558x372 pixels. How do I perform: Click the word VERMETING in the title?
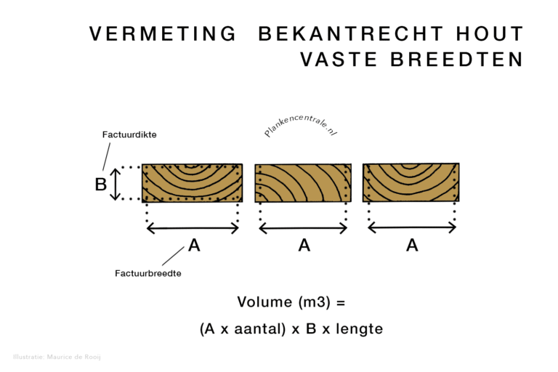point(163,34)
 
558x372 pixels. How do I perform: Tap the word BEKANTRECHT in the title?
point(351,34)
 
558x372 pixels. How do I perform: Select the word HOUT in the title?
point(490,34)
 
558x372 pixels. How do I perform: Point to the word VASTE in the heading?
point(339,59)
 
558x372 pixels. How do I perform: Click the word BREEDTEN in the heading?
point(457,59)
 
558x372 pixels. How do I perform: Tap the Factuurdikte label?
point(129,134)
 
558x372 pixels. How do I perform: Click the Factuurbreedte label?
point(148,273)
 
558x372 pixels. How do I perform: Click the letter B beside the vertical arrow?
point(101,185)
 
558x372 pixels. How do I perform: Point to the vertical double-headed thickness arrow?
point(115,185)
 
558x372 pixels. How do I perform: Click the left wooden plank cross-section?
point(192,183)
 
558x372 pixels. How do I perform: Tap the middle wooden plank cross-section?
point(303,183)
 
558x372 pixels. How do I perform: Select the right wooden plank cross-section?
point(411,182)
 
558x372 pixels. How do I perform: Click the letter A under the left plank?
point(194,246)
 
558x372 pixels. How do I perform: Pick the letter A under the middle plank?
point(304,246)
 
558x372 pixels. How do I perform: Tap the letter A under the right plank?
point(412,246)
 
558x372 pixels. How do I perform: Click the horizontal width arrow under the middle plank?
point(303,228)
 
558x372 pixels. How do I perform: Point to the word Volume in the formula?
point(264,302)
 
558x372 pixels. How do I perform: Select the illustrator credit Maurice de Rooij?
point(73,357)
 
